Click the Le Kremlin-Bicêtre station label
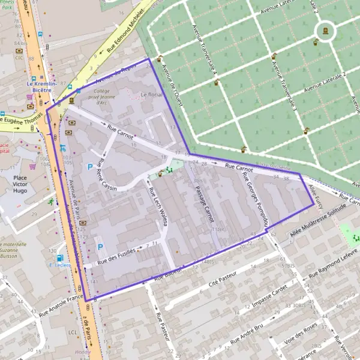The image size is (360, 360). click(41, 88)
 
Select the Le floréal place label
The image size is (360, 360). click(151, 95)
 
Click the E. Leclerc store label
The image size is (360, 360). click(59, 265)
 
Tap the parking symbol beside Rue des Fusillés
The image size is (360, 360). click(100, 247)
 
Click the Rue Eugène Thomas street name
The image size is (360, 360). click(20, 122)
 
